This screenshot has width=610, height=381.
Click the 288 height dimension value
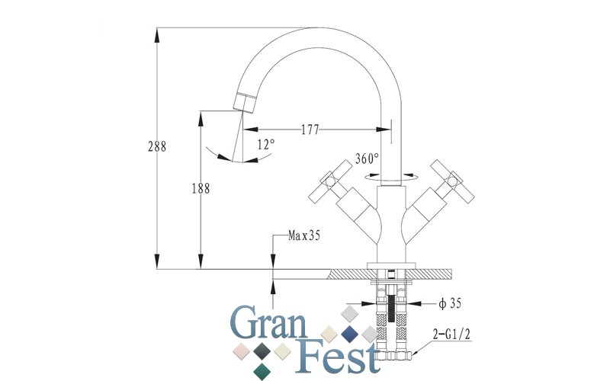(x=157, y=146)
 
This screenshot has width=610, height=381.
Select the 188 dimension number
(x=201, y=188)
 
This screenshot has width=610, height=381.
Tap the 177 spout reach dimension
(x=310, y=130)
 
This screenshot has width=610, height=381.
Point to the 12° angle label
(x=266, y=144)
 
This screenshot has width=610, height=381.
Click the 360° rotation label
(x=367, y=158)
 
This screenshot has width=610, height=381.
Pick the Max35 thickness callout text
(x=303, y=235)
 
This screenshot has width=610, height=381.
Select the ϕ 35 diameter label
(x=450, y=303)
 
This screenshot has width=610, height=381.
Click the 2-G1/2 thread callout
(x=451, y=334)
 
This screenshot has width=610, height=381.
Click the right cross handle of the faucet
(x=452, y=181)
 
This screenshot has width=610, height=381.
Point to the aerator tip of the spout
(x=245, y=102)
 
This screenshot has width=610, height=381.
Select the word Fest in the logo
(x=337, y=356)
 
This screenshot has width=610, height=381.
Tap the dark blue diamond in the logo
(x=349, y=334)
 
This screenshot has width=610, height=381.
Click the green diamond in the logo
(x=262, y=371)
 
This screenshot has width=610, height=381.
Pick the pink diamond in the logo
(x=241, y=351)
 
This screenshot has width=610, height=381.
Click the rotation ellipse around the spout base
(x=390, y=180)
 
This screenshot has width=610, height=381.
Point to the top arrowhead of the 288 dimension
(x=157, y=35)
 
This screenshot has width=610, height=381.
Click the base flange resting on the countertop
(x=391, y=265)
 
